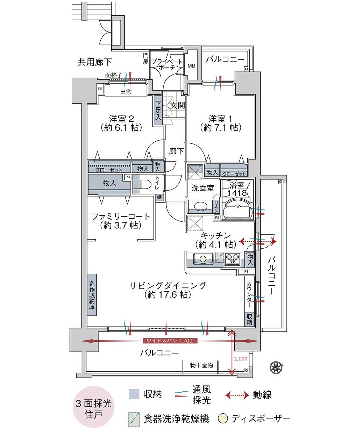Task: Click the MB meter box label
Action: [191, 66]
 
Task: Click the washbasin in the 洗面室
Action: [200, 206]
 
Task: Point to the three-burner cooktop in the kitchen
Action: [232, 259]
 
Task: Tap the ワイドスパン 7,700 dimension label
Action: [170, 341]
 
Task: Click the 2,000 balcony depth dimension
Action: [240, 359]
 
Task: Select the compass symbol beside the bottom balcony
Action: [276, 367]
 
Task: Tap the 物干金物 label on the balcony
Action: [201, 365]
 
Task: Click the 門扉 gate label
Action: [146, 58]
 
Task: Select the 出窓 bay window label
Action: [126, 92]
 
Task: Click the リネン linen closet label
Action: [216, 206]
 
